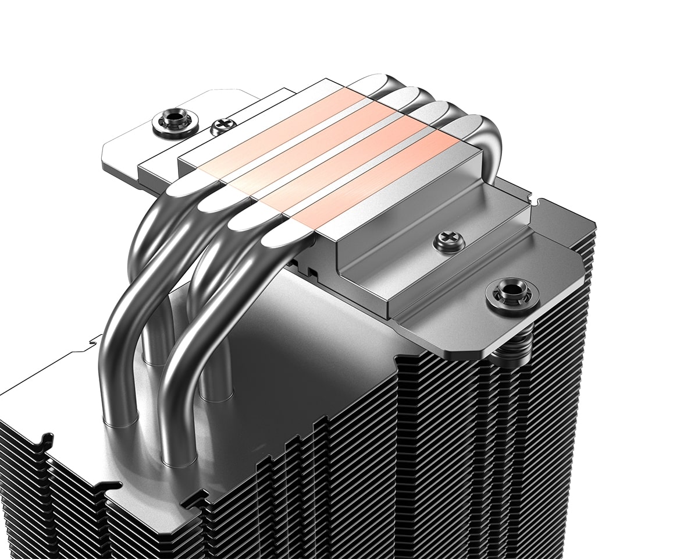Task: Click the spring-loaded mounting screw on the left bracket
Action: click(x=175, y=122)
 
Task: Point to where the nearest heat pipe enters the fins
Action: click(x=174, y=460)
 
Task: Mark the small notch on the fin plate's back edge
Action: click(x=93, y=338)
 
